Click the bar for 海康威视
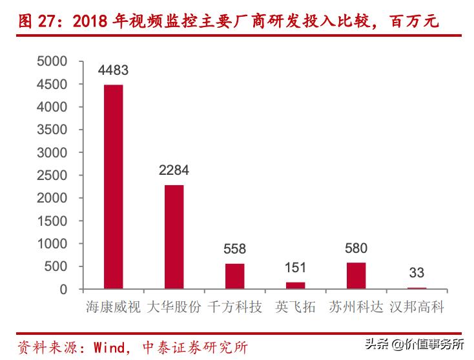[113, 186]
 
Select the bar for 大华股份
[174, 237]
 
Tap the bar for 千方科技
[234, 276]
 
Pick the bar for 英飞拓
[295, 285]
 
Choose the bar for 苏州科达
[356, 275]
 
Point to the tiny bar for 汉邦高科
[417, 288]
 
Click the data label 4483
[113, 70]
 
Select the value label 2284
[174, 171]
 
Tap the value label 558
[234, 249]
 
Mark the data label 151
[295, 268]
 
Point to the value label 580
[356, 248]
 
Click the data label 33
[417, 273]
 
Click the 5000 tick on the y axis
[52, 61]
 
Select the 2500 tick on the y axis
[52, 175]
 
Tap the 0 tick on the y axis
[63, 289]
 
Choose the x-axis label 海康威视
[113, 306]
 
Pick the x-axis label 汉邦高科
[417, 306]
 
